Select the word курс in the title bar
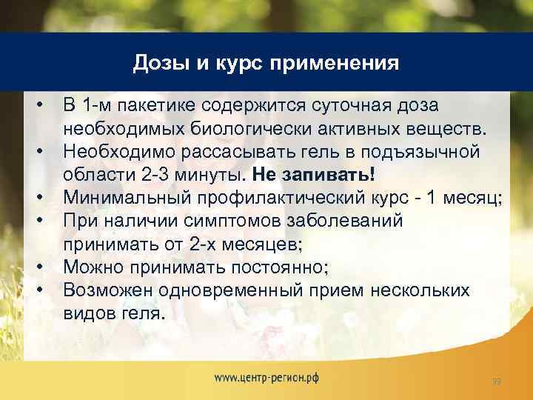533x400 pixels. (238, 62)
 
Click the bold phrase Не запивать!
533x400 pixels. (314, 175)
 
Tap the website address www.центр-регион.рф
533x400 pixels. (267, 377)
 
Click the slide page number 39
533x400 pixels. (497, 381)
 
